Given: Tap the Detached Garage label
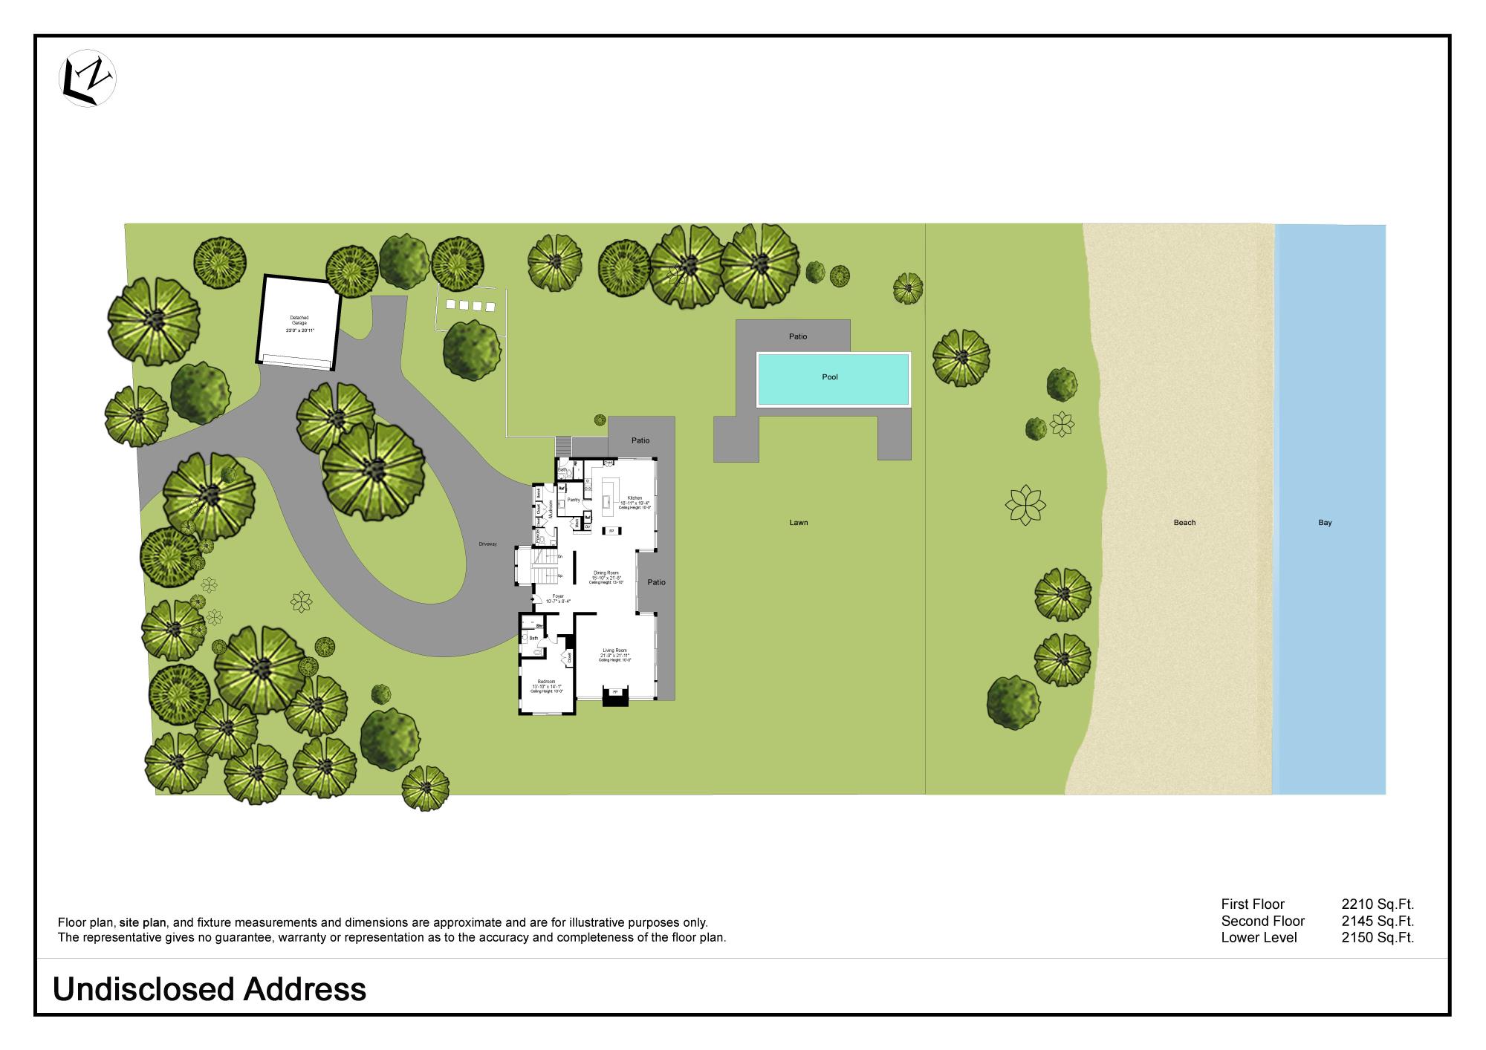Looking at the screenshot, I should (x=299, y=321).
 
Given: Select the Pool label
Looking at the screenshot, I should (x=830, y=377).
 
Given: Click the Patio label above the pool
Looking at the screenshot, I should (x=798, y=337).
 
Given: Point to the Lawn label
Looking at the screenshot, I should (x=799, y=523).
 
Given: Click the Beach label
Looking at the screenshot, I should (x=1184, y=523).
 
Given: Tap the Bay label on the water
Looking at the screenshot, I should (x=1325, y=523).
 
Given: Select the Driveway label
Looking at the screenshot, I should (x=487, y=544).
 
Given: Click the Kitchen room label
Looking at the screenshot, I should (x=634, y=498).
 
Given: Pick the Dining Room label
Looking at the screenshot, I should (x=606, y=573).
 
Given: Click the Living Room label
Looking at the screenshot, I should (x=615, y=651).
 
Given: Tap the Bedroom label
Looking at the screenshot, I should (x=546, y=682).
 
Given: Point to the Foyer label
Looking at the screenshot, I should (x=558, y=596).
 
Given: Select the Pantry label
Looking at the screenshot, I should (x=574, y=500).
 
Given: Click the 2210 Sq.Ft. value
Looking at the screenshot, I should (x=1377, y=904).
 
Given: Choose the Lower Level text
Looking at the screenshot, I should (x=1258, y=938).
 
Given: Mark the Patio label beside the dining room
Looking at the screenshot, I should (x=656, y=582).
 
